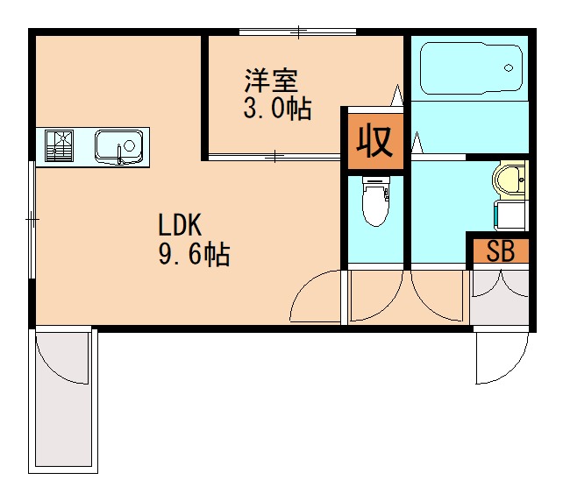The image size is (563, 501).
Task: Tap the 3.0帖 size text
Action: (x=277, y=110)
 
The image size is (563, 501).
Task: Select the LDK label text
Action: (x=181, y=225)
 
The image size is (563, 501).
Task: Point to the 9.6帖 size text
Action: (x=194, y=255)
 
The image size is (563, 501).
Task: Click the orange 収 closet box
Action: (x=374, y=140)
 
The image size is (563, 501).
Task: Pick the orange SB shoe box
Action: (x=499, y=251)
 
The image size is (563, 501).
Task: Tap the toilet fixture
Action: (x=375, y=200)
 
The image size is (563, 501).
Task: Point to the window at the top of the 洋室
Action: (x=297, y=32)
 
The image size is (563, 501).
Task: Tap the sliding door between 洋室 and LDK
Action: (x=274, y=157)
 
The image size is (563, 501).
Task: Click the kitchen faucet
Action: (x=120, y=157)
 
